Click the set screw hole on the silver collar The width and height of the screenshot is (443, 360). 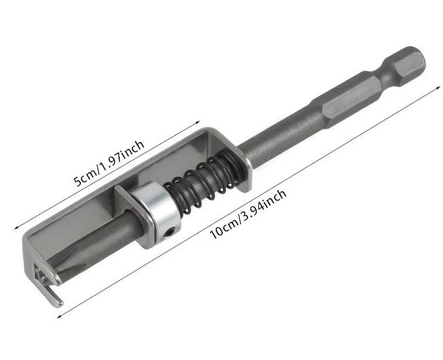pos(169,233)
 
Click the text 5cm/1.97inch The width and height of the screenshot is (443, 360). pos(109,164)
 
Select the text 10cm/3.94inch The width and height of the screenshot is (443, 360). pos(248,214)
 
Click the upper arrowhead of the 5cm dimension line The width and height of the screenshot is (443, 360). pos(198,123)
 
